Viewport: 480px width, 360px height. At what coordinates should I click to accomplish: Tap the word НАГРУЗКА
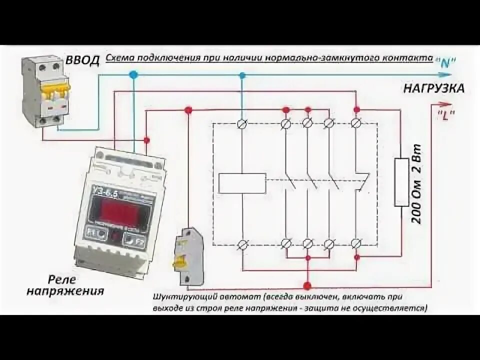pyautogui.click(x=434, y=88)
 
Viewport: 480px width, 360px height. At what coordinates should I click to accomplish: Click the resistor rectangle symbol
pyautogui.click(x=402, y=182)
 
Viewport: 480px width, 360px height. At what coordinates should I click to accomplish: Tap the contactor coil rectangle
pyautogui.click(x=242, y=183)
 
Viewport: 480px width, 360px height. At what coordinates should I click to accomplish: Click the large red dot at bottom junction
pyautogui.click(x=307, y=286)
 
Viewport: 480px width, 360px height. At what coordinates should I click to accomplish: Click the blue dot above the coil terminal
pyautogui.click(x=242, y=75)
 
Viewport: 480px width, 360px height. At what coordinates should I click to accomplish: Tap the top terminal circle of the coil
pyautogui.click(x=243, y=123)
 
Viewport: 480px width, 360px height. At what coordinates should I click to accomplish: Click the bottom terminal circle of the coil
pyautogui.click(x=243, y=244)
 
